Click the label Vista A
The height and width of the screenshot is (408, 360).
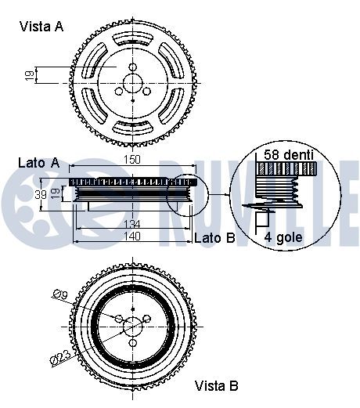pyautogui.click(x=41, y=27)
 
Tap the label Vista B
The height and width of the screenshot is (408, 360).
pyautogui.click(x=216, y=386)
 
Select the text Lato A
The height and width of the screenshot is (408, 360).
pyautogui.click(x=39, y=163)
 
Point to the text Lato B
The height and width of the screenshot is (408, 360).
pyautogui.click(x=214, y=238)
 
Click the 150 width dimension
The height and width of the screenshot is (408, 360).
pyautogui.click(x=132, y=160)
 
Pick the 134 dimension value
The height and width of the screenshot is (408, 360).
pyautogui.click(x=132, y=224)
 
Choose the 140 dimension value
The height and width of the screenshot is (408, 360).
pyautogui.click(x=132, y=236)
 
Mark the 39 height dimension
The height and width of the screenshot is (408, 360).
pyautogui.click(x=41, y=194)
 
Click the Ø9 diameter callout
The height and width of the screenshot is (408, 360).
pyautogui.click(x=60, y=294)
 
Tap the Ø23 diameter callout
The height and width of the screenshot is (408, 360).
pyautogui.click(x=61, y=357)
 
